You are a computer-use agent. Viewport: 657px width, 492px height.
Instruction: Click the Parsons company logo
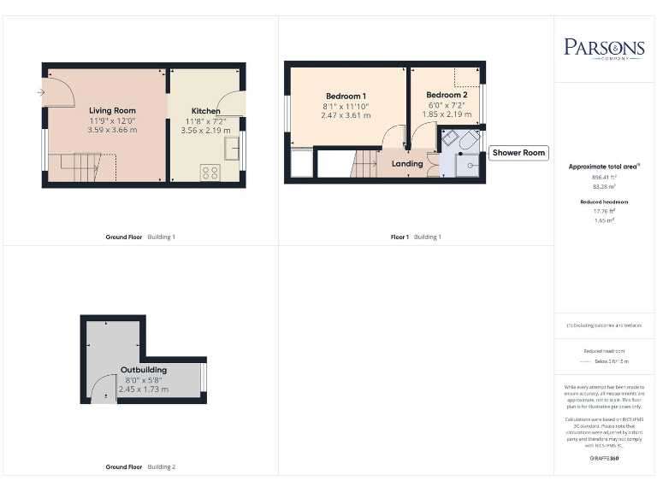604,47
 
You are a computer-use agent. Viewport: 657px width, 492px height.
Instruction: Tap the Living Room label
112,110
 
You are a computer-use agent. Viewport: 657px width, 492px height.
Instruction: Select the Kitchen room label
205,111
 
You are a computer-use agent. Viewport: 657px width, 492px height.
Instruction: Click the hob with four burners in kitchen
209,173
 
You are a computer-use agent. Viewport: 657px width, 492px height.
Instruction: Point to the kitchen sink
231,149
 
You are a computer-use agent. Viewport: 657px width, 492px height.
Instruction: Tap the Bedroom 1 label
346,95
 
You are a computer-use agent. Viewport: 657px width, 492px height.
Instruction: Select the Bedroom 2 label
447,95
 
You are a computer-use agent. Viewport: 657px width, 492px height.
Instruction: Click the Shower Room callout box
518,153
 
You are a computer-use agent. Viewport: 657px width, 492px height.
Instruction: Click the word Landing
407,163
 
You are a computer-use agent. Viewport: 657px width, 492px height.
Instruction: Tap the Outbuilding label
143,370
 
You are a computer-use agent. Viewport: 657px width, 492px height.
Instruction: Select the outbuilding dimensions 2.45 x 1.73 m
143,389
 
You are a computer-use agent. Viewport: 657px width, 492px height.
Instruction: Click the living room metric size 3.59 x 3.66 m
112,130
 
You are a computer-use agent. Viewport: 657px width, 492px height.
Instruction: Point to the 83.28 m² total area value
604,185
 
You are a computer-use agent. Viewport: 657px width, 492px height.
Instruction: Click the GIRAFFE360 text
604,459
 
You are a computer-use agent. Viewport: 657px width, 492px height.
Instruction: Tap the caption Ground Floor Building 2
140,467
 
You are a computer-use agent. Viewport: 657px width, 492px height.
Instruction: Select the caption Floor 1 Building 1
416,237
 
